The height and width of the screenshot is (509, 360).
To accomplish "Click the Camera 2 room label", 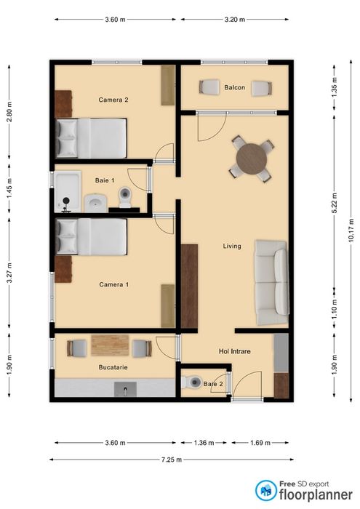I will [x=113, y=99].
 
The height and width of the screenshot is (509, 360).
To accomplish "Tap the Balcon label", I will [x=234, y=87].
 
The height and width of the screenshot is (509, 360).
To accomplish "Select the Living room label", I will [x=231, y=247].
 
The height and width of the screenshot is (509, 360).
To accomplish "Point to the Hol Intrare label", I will [x=234, y=351].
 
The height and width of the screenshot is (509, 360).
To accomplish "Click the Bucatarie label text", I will [x=113, y=367].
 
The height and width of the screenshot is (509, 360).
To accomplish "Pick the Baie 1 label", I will [x=105, y=180].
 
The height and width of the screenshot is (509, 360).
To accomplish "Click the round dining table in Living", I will [x=252, y=159].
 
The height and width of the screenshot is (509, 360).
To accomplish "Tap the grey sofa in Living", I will [x=271, y=282].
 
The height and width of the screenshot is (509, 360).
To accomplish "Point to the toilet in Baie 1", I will [x=125, y=197].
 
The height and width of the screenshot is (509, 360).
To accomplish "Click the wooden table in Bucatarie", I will [x=110, y=345].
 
